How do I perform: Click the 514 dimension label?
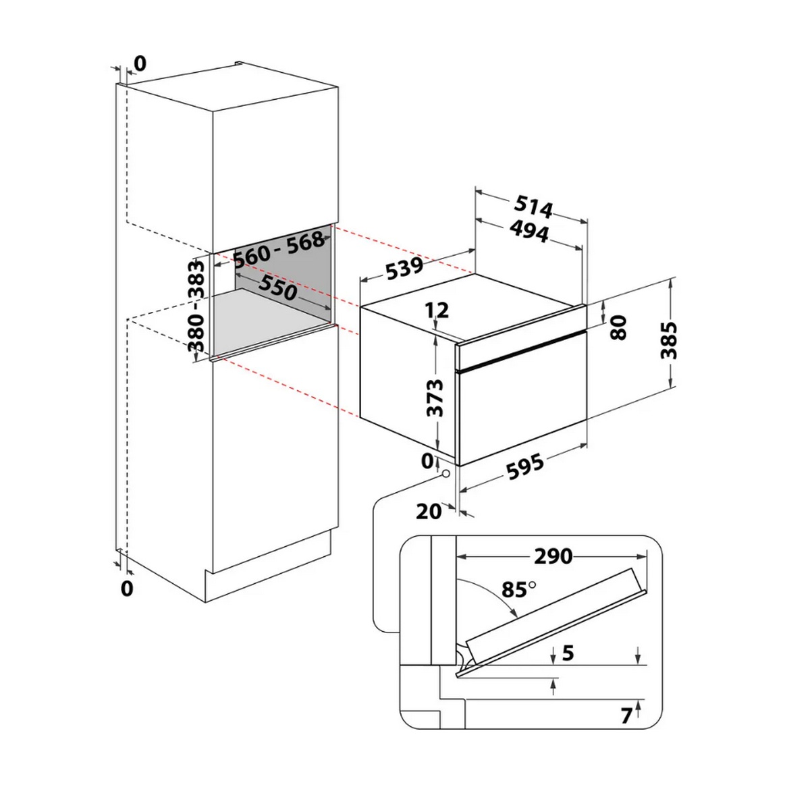(x=534, y=207)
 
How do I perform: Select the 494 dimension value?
(x=529, y=232)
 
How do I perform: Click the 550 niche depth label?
(x=278, y=288)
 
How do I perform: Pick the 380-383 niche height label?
(x=196, y=306)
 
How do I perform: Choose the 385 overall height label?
(x=669, y=340)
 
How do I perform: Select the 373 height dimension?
(x=435, y=398)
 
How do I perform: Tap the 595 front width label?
(x=525, y=466)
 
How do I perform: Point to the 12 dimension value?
(x=437, y=310)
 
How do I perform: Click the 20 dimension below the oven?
(x=429, y=512)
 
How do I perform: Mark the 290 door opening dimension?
(x=553, y=556)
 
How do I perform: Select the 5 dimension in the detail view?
(x=568, y=653)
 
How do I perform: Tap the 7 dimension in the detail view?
(x=626, y=716)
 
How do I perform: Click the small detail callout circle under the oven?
(x=445, y=473)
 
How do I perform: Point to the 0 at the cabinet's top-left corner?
(x=140, y=63)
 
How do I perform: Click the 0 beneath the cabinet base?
(x=127, y=588)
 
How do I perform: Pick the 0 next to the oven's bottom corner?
(x=427, y=462)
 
